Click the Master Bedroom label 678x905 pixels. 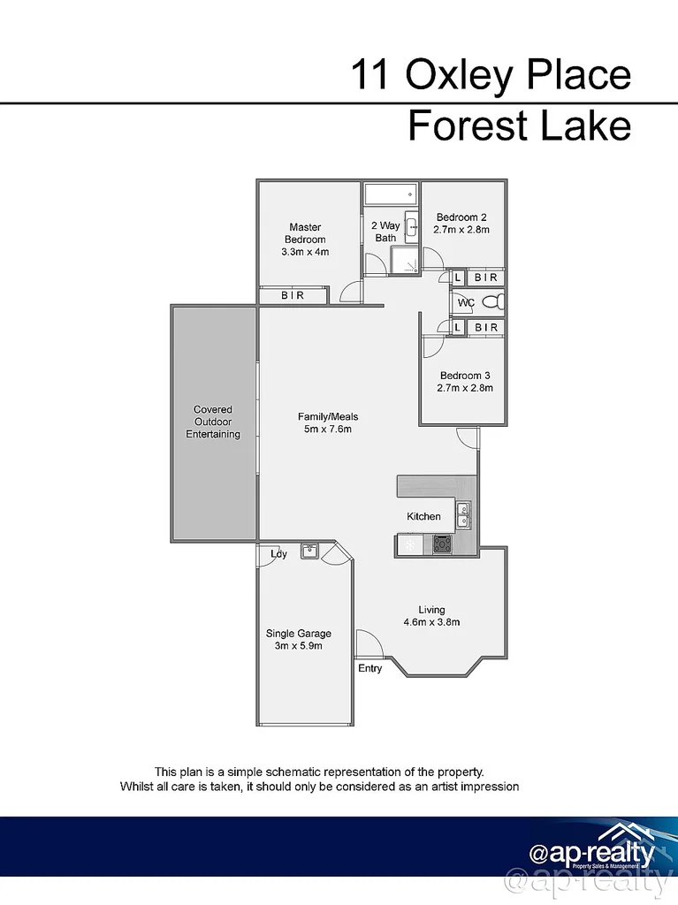point(305,233)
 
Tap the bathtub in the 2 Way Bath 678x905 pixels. point(390,194)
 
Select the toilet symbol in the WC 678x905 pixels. point(496,302)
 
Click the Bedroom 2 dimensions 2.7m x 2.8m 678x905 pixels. point(461,230)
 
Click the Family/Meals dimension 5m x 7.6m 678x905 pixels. point(327,430)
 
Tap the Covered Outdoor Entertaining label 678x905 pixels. point(213,422)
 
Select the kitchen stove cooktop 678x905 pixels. point(441,544)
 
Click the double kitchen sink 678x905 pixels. point(462,511)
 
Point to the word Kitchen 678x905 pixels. point(423,516)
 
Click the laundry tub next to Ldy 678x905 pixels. point(309,551)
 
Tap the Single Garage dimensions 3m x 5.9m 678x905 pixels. point(299,646)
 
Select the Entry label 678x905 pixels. point(370,668)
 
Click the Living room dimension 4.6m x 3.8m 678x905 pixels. point(431,622)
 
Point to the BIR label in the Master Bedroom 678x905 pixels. point(293,296)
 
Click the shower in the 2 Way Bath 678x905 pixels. point(407,261)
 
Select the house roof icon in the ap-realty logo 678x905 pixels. point(627,836)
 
